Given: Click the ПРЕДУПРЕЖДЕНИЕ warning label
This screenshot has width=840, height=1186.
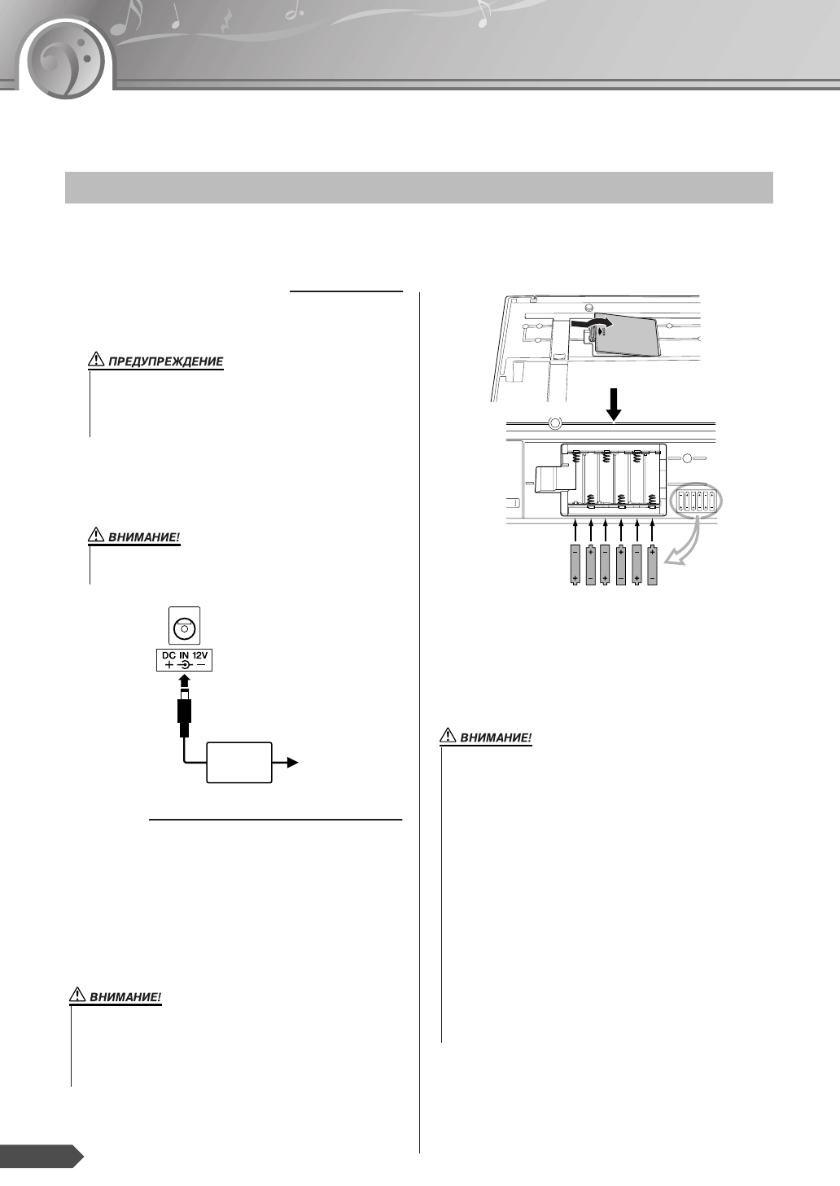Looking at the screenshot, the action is (167, 361).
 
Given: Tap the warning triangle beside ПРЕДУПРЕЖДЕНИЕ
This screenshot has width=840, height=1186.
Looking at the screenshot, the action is (96, 361).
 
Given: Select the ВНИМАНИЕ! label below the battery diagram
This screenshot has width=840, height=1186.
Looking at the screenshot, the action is (496, 738).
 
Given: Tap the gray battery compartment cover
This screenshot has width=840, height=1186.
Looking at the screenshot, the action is (627, 333).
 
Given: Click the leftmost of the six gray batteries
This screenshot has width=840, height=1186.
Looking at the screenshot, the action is (575, 564).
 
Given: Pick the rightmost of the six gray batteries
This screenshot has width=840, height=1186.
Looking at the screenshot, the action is (652, 564).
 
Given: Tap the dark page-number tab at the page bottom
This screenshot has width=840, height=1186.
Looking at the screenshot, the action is (41, 1156).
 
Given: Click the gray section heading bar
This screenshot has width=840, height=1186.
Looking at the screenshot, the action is (418, 187).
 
